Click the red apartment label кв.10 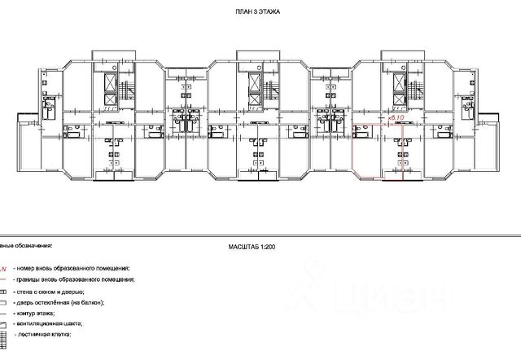[397, 119]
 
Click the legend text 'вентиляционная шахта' [53, 323]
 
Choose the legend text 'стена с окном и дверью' [54, 290]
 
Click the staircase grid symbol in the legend [3, 335]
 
